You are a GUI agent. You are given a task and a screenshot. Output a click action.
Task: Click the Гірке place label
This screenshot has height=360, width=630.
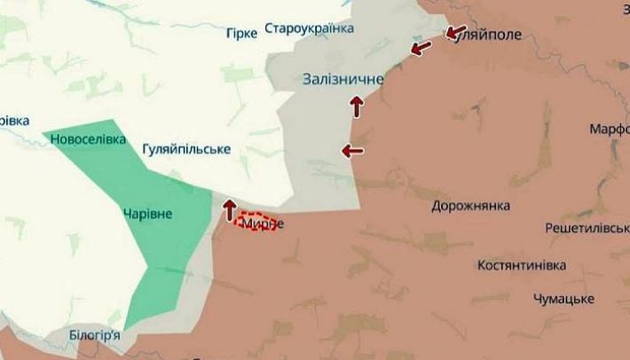pyautogui.click(x=242, y=33)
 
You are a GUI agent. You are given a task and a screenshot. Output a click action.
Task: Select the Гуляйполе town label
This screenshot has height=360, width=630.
pyautogui.click(x=484, y=35)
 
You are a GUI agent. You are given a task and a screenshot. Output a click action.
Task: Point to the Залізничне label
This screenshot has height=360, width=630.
pyautogui.click(x=343, y=80)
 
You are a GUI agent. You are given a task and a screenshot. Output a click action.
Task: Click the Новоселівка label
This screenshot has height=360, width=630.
pyautogui.click(x=88, y=139)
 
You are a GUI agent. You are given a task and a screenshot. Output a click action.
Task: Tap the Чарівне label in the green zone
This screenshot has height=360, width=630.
pyautogui.click(x=148, y=214)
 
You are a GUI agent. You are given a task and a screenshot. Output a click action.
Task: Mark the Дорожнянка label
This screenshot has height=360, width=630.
pyautogui.click(x=470, y=206)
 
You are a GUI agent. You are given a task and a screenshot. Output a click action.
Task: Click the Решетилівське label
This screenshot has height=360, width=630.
pyautogui.click(x=588, y=230)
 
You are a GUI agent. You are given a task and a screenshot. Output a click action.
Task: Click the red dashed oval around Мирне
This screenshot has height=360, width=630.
pyautogui.click(x=255, y=222)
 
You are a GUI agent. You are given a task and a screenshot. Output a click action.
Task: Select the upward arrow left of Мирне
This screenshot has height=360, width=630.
pyautogui.click(x=229, y=209)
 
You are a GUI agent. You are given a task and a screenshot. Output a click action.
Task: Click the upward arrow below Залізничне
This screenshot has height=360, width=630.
pyautogui.click(x=358, y=106)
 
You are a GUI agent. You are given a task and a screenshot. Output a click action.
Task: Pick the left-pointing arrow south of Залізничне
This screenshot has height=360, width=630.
pyautogui.click(x=352, y=151)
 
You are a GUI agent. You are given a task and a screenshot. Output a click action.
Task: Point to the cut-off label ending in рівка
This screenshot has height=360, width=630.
pyautogui.click(x=13, y=120)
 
